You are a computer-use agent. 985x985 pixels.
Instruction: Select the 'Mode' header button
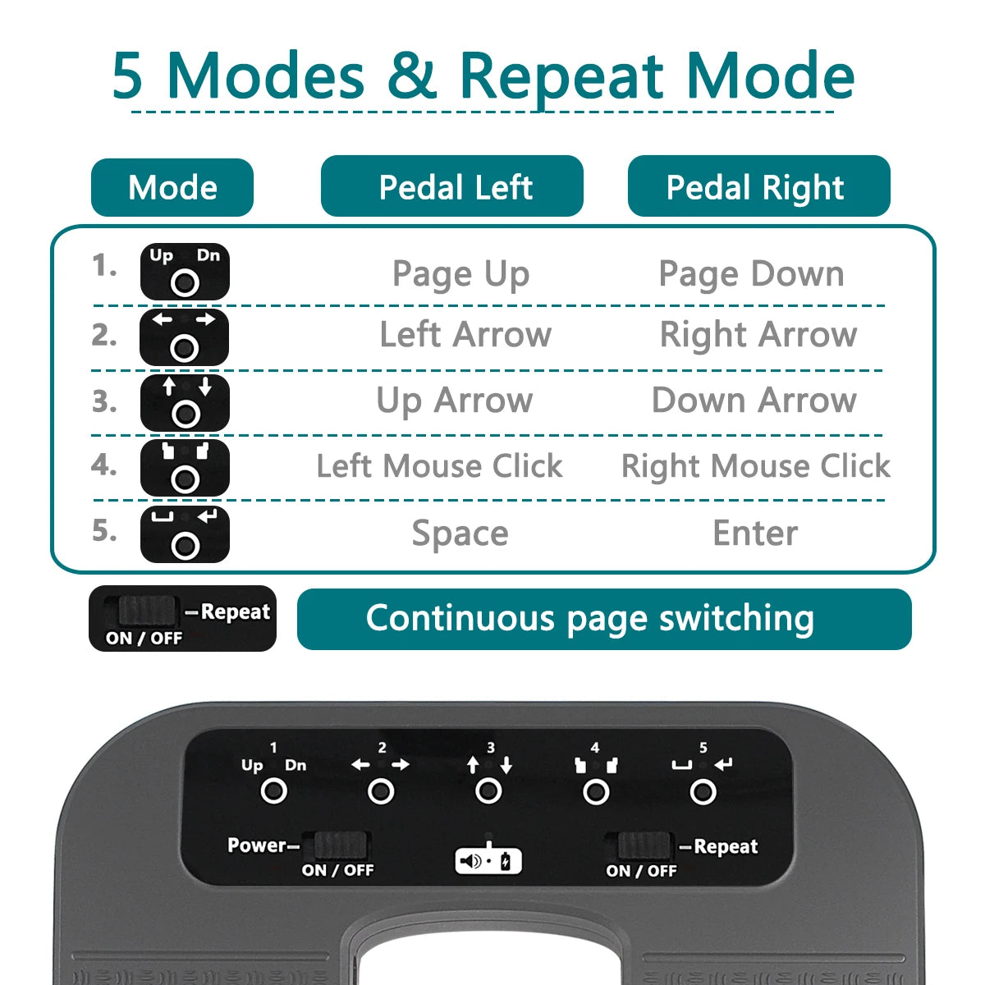tap(172, 187)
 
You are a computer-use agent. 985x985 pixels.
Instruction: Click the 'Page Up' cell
tap(460, 274)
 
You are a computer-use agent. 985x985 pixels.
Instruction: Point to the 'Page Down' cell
tap(751, 274)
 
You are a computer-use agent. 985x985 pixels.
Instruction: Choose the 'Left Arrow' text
tap(465, 335)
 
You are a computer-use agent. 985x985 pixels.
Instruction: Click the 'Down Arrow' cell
tap(754, 401)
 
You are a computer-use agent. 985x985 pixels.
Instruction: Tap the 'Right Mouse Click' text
tap(755, 466)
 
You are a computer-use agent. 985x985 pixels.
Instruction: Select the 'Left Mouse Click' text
tap(439, 466)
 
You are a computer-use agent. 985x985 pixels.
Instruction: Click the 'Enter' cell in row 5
tap(754, 534)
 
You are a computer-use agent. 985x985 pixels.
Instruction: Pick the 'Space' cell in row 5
tap(460, 534)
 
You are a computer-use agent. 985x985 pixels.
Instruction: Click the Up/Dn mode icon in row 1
tap(185, 272)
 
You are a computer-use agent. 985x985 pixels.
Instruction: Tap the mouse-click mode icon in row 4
tap(185, 468)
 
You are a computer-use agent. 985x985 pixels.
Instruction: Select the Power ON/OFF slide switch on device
tap(339, 845)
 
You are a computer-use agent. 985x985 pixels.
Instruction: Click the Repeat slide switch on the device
tap(644, 845)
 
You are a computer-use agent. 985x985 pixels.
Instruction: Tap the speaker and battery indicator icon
tap(488, 861)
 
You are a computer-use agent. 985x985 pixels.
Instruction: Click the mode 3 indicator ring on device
tap(488, 791)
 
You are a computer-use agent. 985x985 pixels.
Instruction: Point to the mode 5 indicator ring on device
tap(703, 791)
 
